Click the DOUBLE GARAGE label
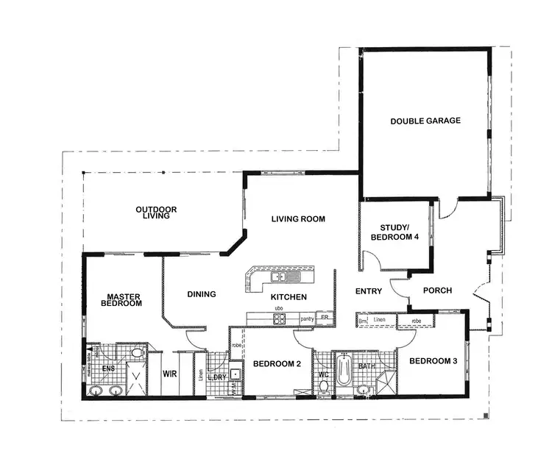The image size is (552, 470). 425,121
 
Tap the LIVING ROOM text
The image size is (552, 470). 297,219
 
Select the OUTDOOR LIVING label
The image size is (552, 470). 156,213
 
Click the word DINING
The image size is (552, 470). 202,294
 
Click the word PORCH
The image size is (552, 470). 438,291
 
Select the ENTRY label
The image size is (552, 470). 369,291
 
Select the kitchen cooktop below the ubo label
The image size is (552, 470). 279,319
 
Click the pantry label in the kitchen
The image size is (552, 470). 307,319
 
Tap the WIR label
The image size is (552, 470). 169,374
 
